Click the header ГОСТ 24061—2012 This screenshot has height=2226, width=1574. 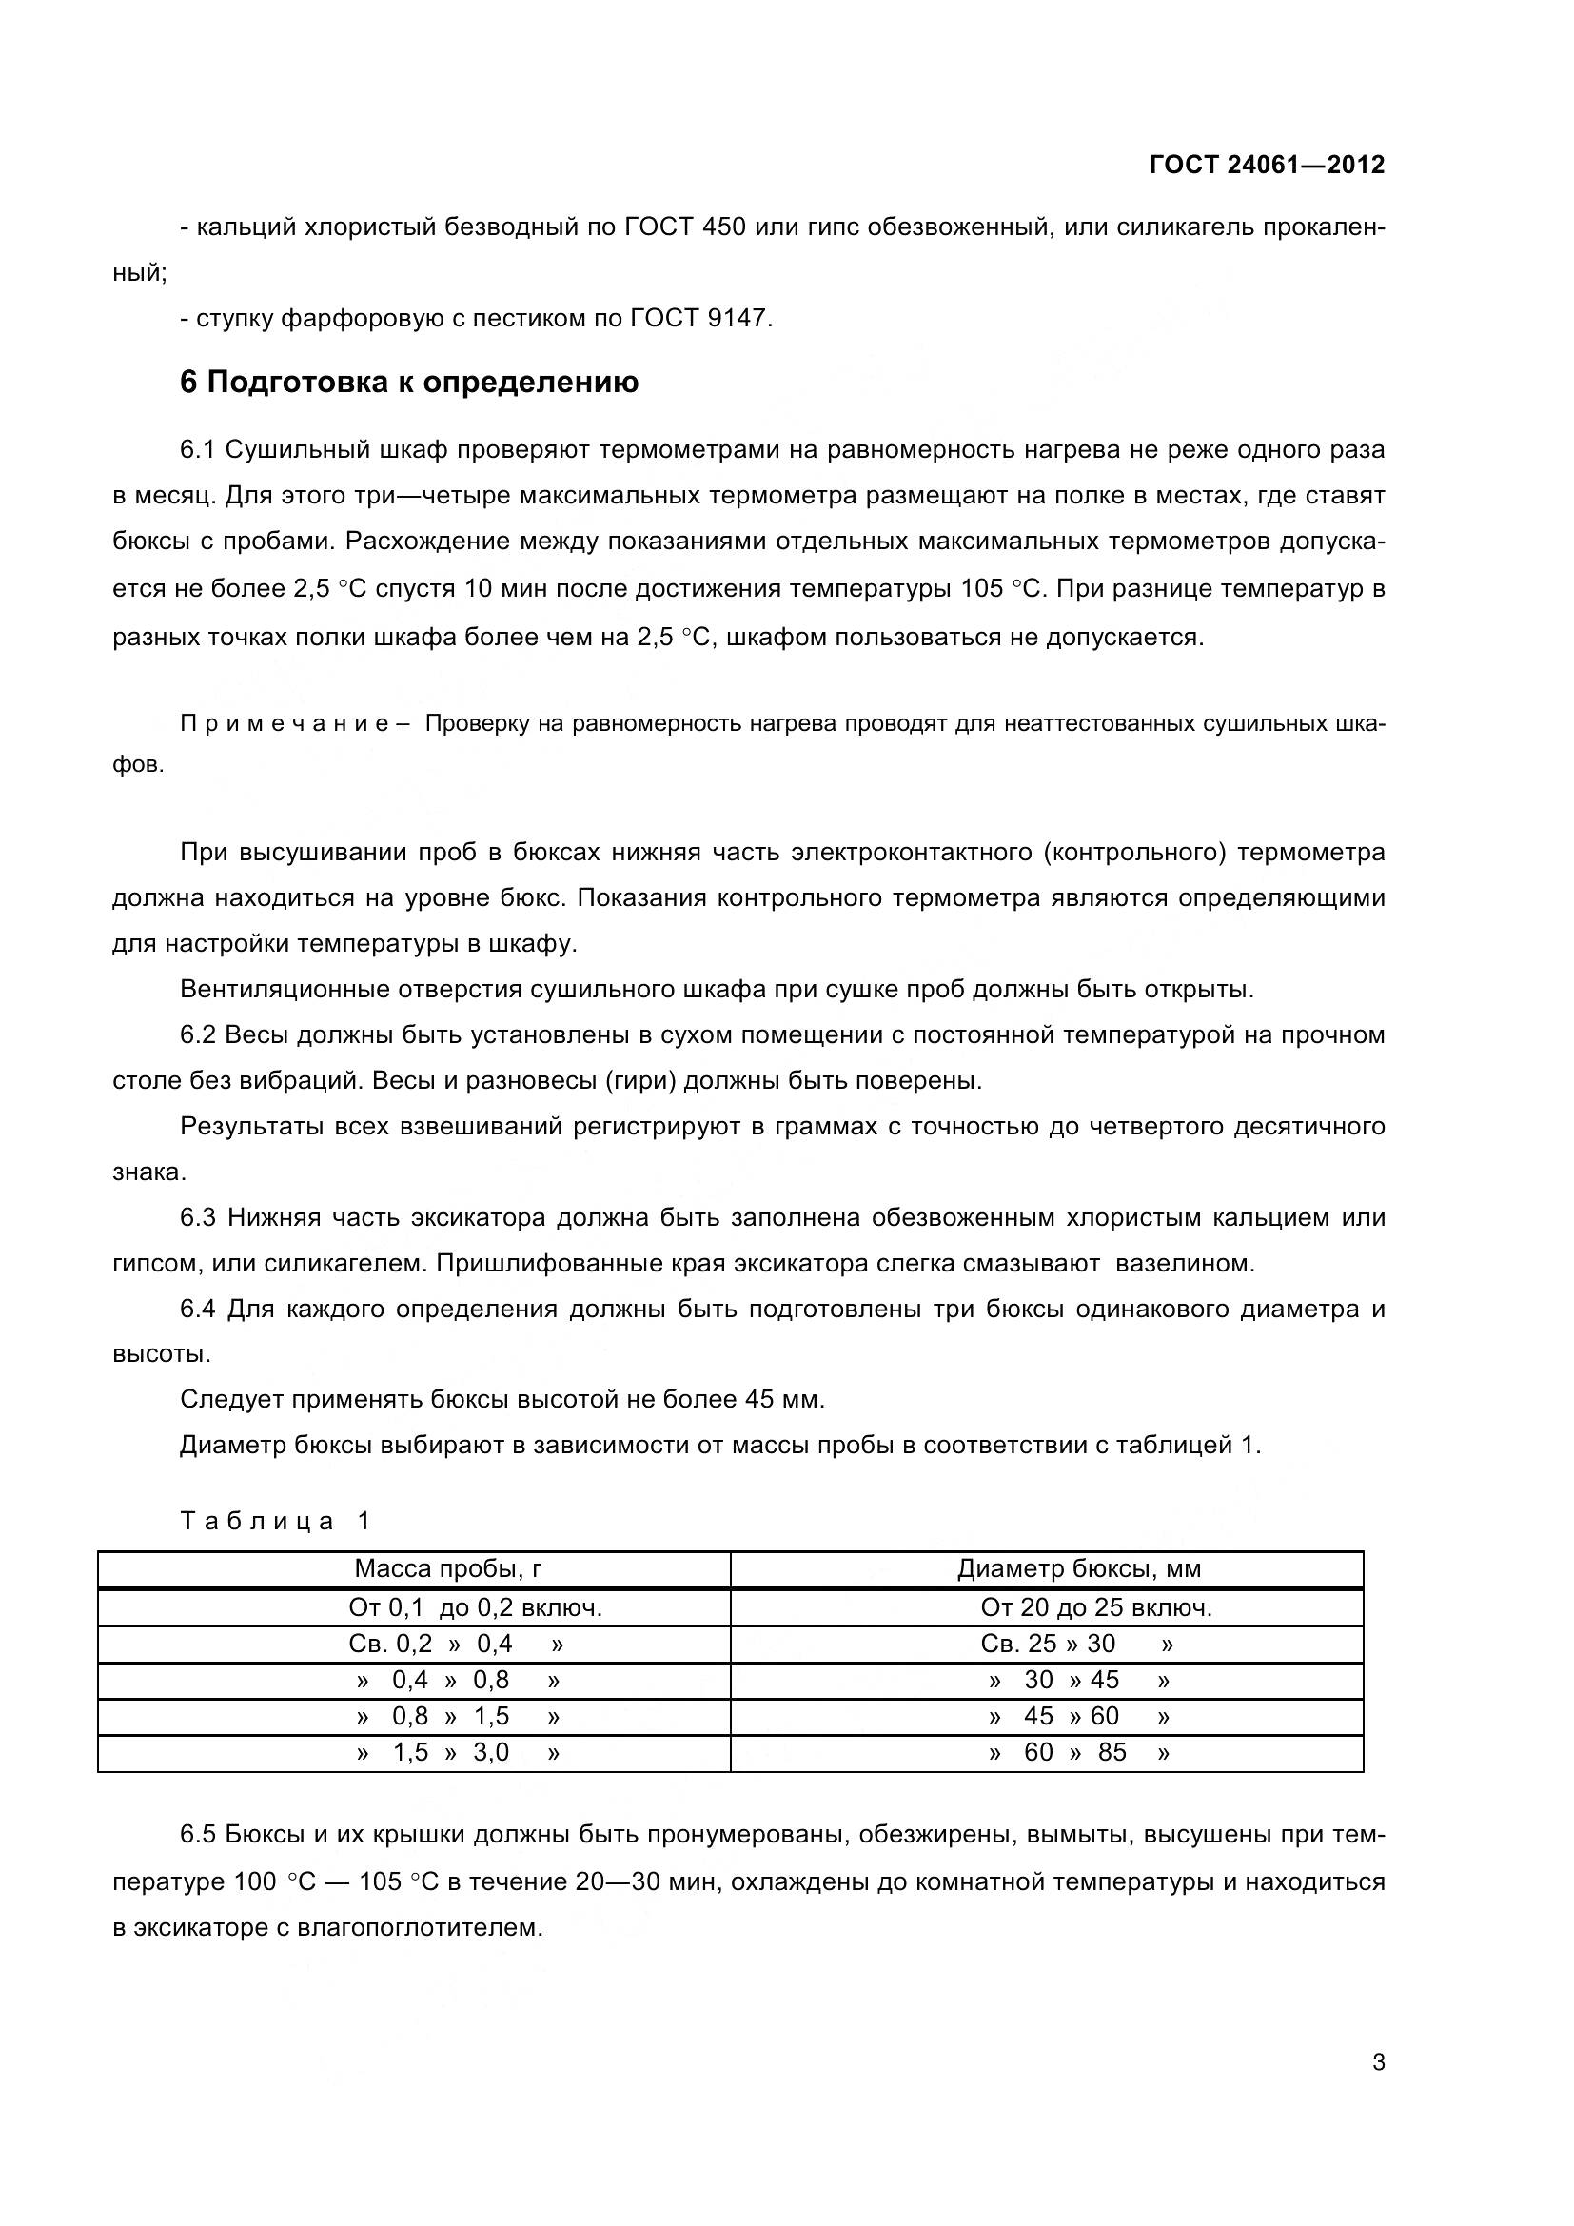coord(1266,165)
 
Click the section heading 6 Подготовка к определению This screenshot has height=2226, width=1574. coord(409,382)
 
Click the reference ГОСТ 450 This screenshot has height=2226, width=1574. coord(684,227)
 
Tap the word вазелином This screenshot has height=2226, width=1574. coord(1185,1263)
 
